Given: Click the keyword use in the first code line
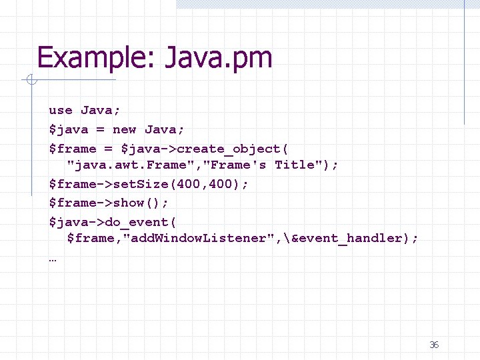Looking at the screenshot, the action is point(61,110).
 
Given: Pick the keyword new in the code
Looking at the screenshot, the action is point(125,129).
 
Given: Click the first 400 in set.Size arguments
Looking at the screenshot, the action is point(189,184).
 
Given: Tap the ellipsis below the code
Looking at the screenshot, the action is point(53,259).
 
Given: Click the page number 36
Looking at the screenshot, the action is point(434,345).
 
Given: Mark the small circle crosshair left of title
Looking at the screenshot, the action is point(31,81).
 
